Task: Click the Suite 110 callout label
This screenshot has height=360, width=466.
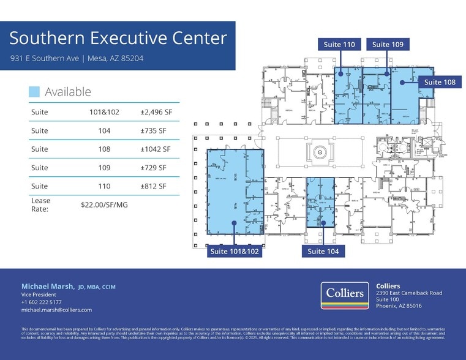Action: tap(340, 44)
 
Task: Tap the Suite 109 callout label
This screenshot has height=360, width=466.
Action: tap(388, 44)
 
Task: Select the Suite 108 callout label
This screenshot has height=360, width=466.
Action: tap(440, 82)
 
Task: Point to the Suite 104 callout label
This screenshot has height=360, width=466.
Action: tap(324, 251)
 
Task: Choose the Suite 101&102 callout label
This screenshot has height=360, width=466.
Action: tap(235, 251)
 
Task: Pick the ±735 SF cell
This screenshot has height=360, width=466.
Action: tap(153, 131)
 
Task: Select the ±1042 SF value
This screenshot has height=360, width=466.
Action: tap(156, 149)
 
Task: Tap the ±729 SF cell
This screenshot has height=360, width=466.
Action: tap(153, 168)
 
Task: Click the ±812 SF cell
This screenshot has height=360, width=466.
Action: tap(153, 186)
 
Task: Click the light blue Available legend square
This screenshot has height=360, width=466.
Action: tap(34, 92)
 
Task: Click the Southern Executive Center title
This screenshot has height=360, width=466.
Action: tap(118, 39)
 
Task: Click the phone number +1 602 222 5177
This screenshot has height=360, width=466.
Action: tap(42, 302)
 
